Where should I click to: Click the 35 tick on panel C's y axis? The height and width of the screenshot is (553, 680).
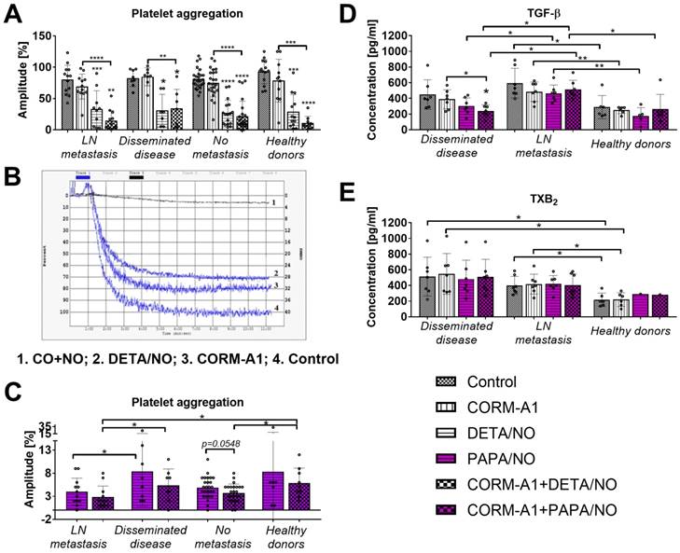click(x=46, y=426)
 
